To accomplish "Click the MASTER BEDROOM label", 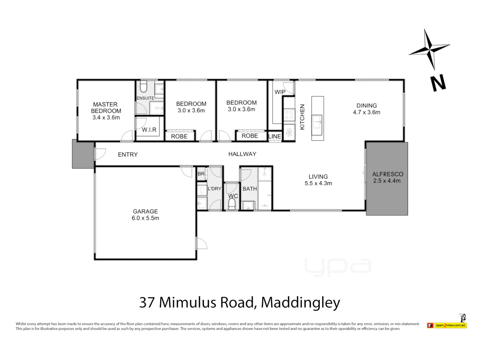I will pyautogui.click(x=106, y=107).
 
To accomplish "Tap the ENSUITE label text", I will pyautogui.click(x=145, y=98).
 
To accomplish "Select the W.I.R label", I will pyautogui.click(x=149, y=130).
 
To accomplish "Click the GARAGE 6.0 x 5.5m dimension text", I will pyautogui.click(x=145, y=218).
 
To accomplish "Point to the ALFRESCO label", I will pyautogui.click(x=388, y=174).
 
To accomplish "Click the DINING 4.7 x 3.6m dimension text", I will pyautogui.click(x=366, y=112).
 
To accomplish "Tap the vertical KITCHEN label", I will pyautogui.click(x=302, y=117).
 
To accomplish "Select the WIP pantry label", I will pyautogui.click(x=280, y=92).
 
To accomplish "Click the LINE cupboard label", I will pyautogui.click(x=275, y=136).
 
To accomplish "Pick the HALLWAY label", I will pyautogui.click(x=242, y=154).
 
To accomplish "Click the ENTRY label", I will pyautogui.click(x=128, y=154).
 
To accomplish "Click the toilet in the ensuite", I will pyautogui.click(x=143, y=87).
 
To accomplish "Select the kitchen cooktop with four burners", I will pyautogui.click(x=289, y=115).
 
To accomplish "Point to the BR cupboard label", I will pyautogui.click(x=201, y=174).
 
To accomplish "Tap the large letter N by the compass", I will pyautogui.click(x=438, y=83).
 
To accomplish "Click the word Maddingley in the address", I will pyautogui.click(x=300, y=302).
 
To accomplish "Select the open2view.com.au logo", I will pyautogui.click(x=450, y=325).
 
